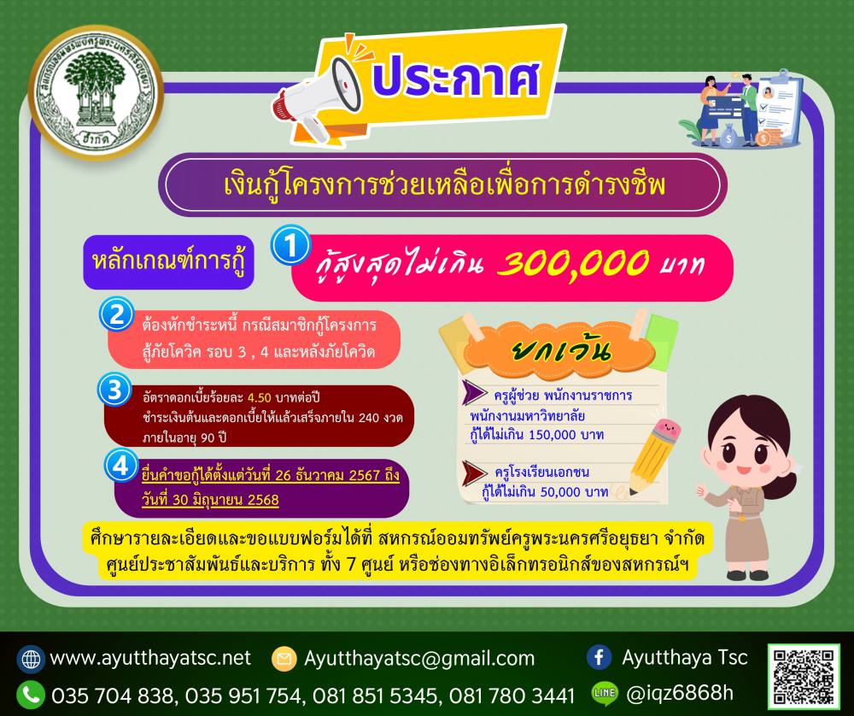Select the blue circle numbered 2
[116, 314]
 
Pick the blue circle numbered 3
[114, 390]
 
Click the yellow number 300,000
[573, 264]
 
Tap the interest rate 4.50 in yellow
[260, 397]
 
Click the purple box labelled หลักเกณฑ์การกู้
[168, 262]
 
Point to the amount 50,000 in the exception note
[561, 492]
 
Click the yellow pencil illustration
[652, 456]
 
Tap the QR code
[804, 676]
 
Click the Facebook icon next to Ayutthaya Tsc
[600, 657]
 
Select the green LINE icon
[605, 693]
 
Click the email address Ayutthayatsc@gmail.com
[419, 658]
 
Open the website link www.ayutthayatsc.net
[150, 658]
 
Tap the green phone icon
[31, 694]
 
